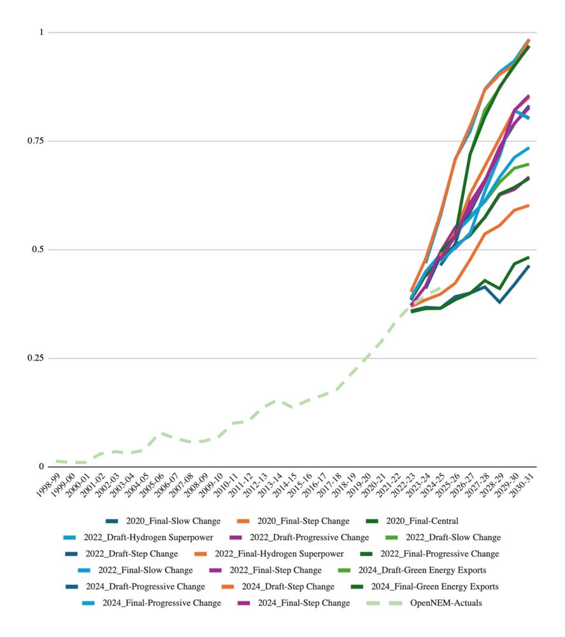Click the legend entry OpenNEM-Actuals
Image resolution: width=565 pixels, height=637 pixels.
[445, 603]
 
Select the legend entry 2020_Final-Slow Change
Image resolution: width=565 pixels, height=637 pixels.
[175, 521]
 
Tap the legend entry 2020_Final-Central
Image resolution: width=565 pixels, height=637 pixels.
[422, 521]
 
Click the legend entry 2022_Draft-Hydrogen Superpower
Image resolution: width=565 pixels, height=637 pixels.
[148, 538]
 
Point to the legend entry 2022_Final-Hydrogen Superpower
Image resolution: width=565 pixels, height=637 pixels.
[279, 554]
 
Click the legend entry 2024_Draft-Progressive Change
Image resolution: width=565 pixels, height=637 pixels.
[145, 587]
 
